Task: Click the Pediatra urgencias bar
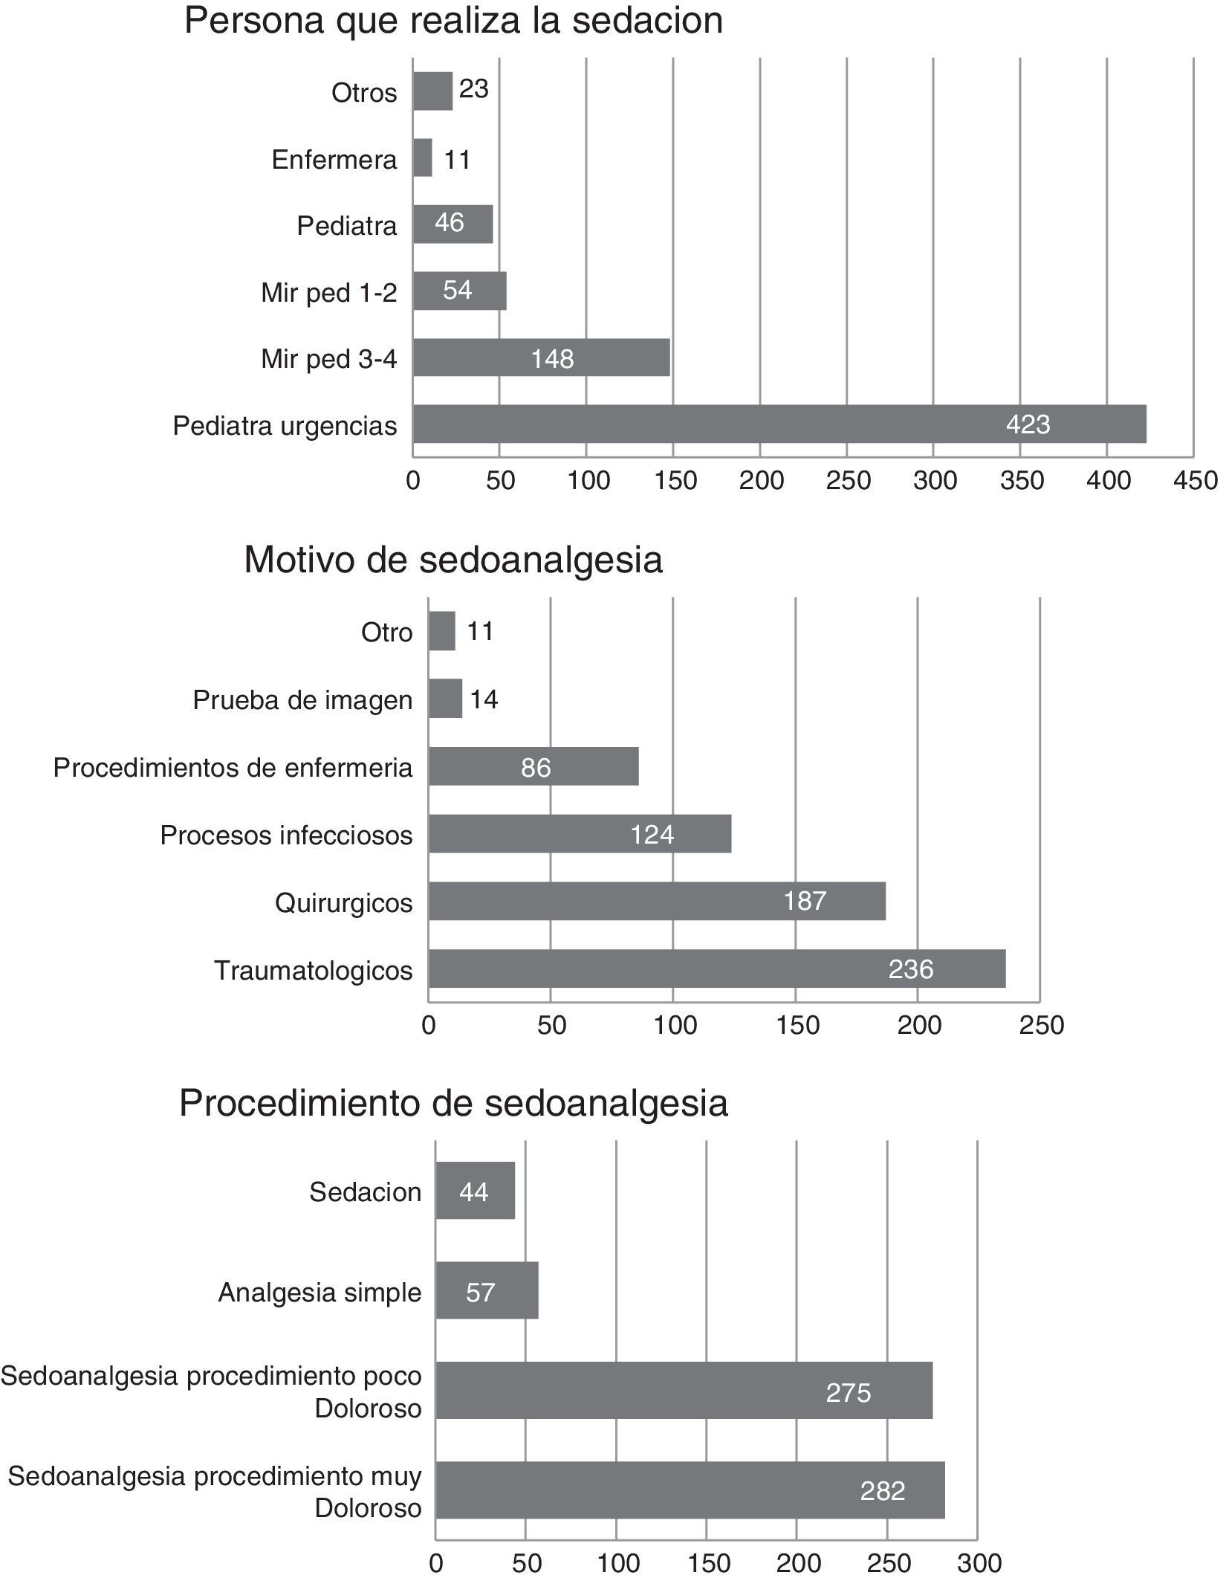click(779, 424)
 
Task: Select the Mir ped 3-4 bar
click(541, 358)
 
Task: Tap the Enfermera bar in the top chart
click(422, 158)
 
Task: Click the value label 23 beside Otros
click(473, 89)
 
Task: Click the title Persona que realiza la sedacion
click(453, 21)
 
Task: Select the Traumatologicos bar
click(716, 969)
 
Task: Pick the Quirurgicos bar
click(657, 901)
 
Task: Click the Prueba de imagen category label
click(302, 699)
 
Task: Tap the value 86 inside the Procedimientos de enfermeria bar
click(536, 767)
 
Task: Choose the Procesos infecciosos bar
click(580, 833)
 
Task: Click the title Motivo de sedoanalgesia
click(453, 560)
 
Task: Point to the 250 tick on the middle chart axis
click(1041, 1025)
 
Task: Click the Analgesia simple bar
click(487, 1292)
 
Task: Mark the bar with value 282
click(690, 1490)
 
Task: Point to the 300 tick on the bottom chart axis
click(978, 1564)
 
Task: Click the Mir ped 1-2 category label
click(329, 293)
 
